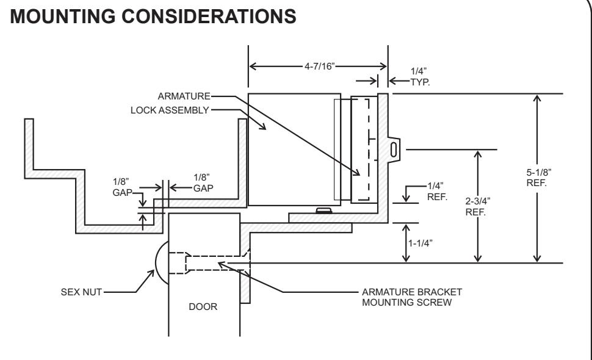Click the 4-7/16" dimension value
[320, 67]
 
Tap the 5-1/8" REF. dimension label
[539, 178]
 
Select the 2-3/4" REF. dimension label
[478, 206]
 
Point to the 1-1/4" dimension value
[421, 243]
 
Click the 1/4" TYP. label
[420, 77]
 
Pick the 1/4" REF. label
[437, 192]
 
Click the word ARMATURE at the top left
[184, 96]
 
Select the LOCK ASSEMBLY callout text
[170, 110]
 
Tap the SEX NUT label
[81, 292]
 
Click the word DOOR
[203, 307]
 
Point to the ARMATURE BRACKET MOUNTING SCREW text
[412, 297]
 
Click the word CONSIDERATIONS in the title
[209, 16]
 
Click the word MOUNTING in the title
[63, 16]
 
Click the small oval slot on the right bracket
[394, 150]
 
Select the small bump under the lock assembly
[324, 210]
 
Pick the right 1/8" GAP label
[203, 182]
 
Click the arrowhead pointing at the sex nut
[151, 273]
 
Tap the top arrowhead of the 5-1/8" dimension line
[537, 98]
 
